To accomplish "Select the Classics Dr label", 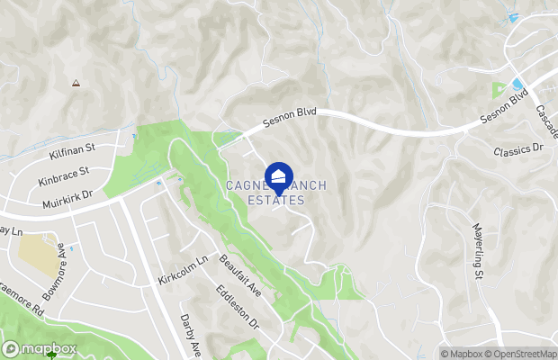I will pyautogui.click(x=519, y=147).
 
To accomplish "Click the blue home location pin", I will pyautogui.click(x=279, y=176).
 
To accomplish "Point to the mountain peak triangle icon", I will pyautogui.click(x=76, y=83).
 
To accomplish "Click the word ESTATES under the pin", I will pyautogui.click(x=276, y=201).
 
